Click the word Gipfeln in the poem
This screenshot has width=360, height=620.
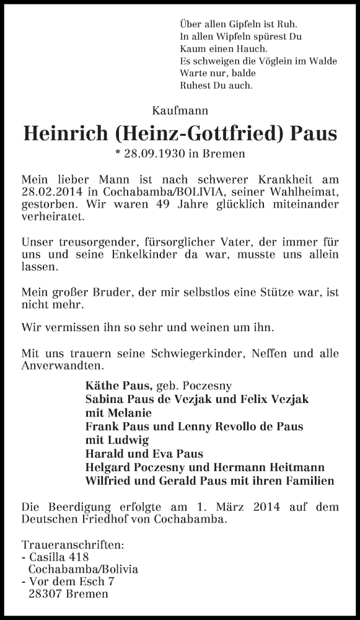click(234, 24)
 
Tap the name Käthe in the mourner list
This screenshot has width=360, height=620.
click(100, 386)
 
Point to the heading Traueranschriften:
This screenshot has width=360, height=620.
click(72, 546)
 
